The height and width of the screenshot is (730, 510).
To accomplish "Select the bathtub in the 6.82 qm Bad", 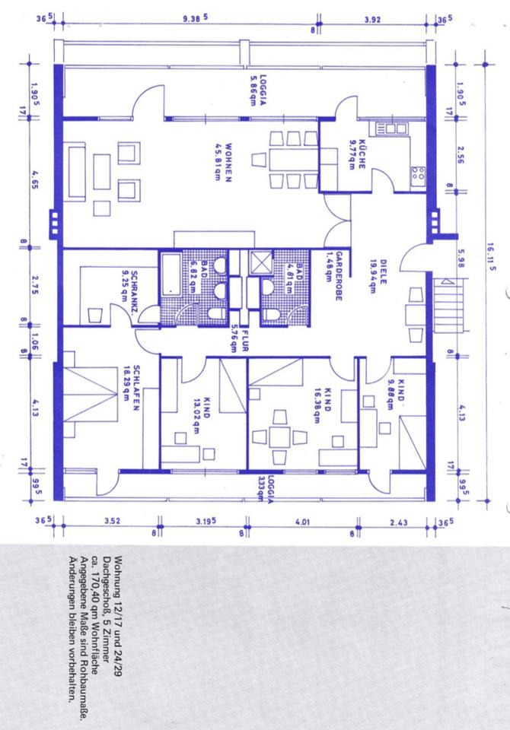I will [x=170, y=274].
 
